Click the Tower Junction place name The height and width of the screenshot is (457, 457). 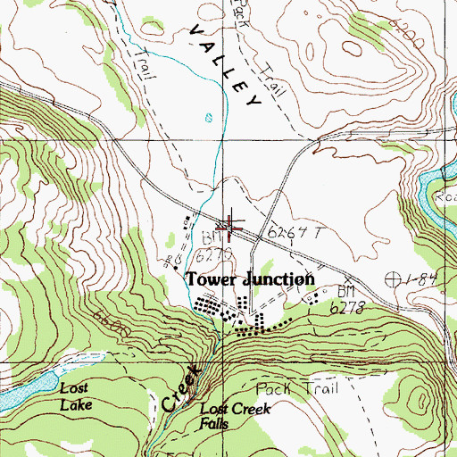coord(251,279)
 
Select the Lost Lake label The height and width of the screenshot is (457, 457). coord(76,395)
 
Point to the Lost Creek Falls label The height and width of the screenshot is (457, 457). coord(234,415)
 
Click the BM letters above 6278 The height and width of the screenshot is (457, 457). coord(346,292)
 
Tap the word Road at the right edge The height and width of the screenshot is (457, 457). coord(445,202)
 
